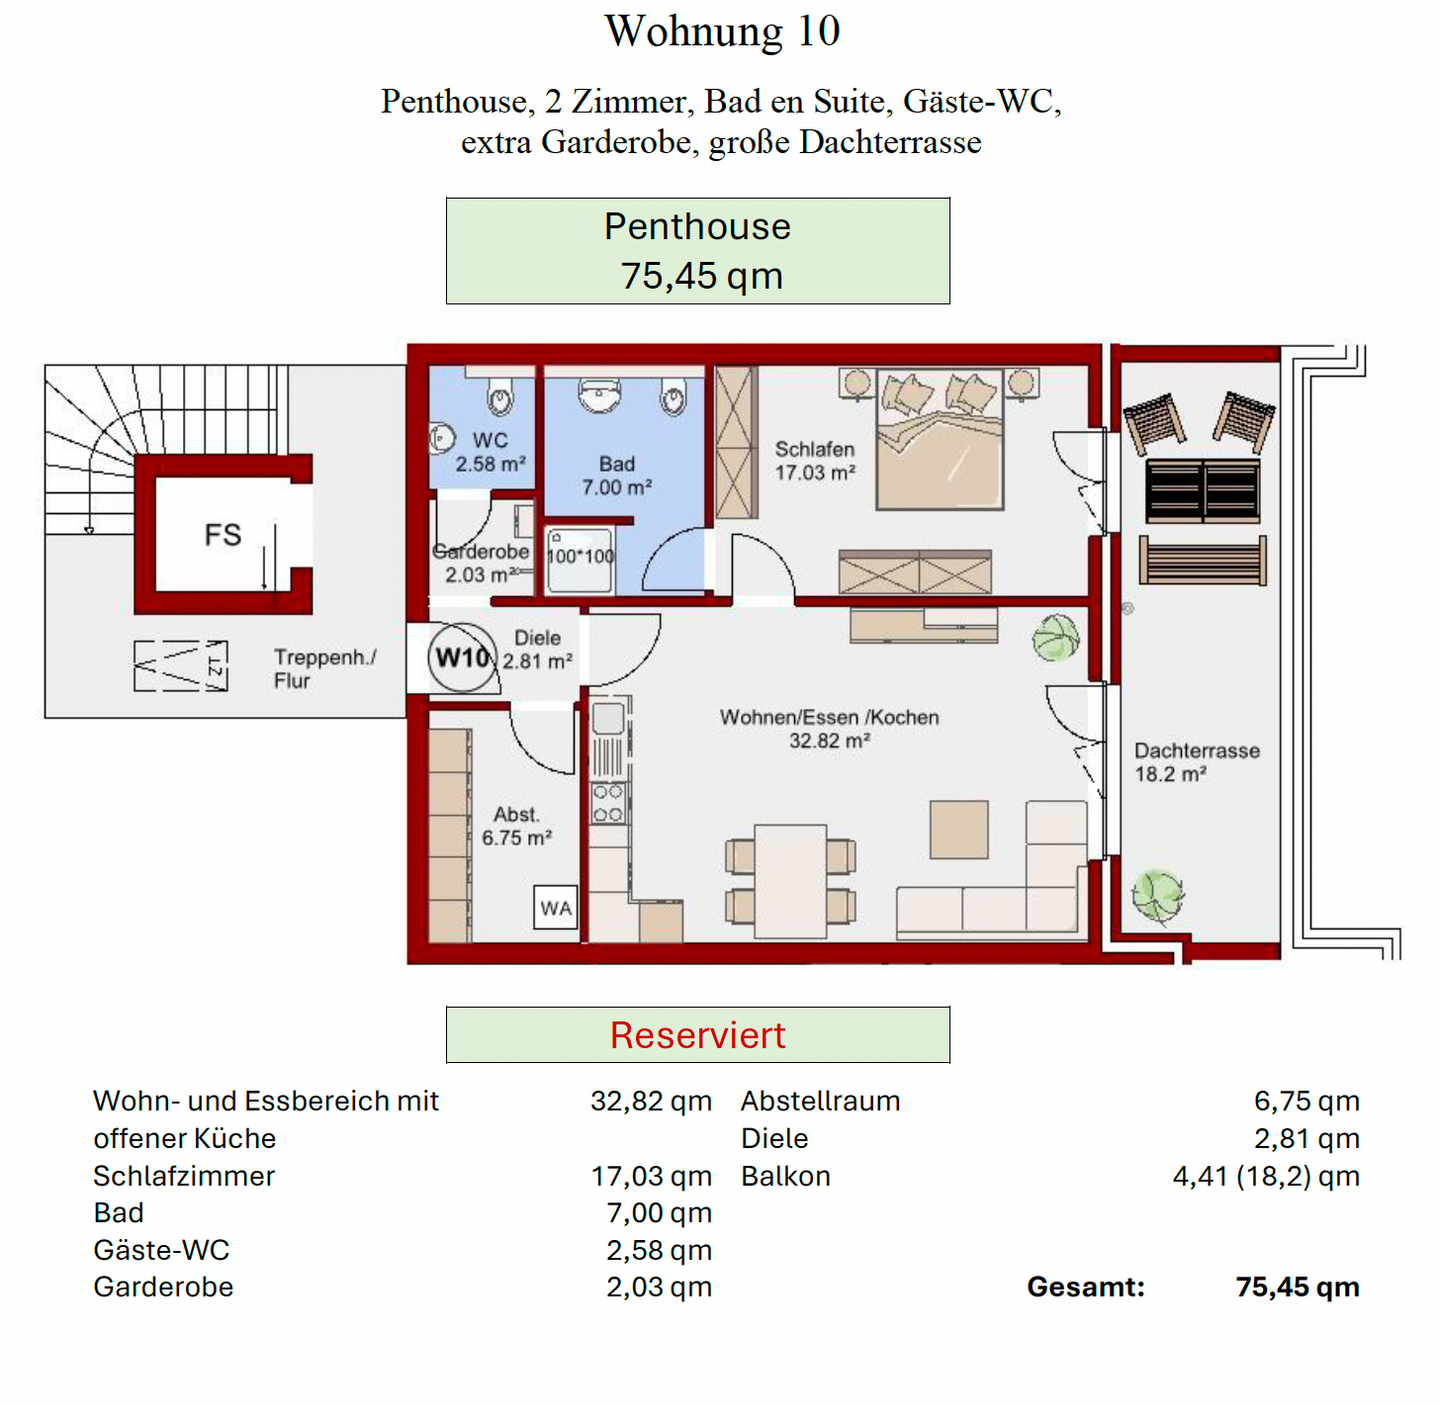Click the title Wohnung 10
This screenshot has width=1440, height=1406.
click(x=721, y=31)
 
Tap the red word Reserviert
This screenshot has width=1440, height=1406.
click(x=697, y=1035)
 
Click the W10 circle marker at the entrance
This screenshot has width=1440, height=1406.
click(x=462, y=657)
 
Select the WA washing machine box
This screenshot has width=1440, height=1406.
click(x=555, y=908)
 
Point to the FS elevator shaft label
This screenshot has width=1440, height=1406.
click(x=222, y=535)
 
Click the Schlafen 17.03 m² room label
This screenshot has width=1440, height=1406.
click(x=814, y=461)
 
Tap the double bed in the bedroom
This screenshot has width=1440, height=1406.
click(x=939, y=440)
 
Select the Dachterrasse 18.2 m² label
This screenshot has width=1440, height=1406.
click(x=1196, y=762)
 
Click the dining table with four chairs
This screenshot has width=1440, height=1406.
click(x=790, y=881)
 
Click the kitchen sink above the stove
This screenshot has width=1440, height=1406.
click(x=608, y=718)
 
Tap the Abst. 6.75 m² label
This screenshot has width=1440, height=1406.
click(x=516, y=826)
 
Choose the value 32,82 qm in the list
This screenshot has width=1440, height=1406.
click(x=650, y=1101)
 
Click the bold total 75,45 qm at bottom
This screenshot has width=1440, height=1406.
click(x=1297, y=1287)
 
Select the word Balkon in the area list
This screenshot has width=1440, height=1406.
click(x=785, y=1176)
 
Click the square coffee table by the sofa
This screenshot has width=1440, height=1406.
click(x=958, y=829)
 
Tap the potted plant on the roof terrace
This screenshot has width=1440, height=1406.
click(x=1157, y=894)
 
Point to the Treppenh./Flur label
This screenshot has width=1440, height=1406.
click(x=324, y=669)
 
